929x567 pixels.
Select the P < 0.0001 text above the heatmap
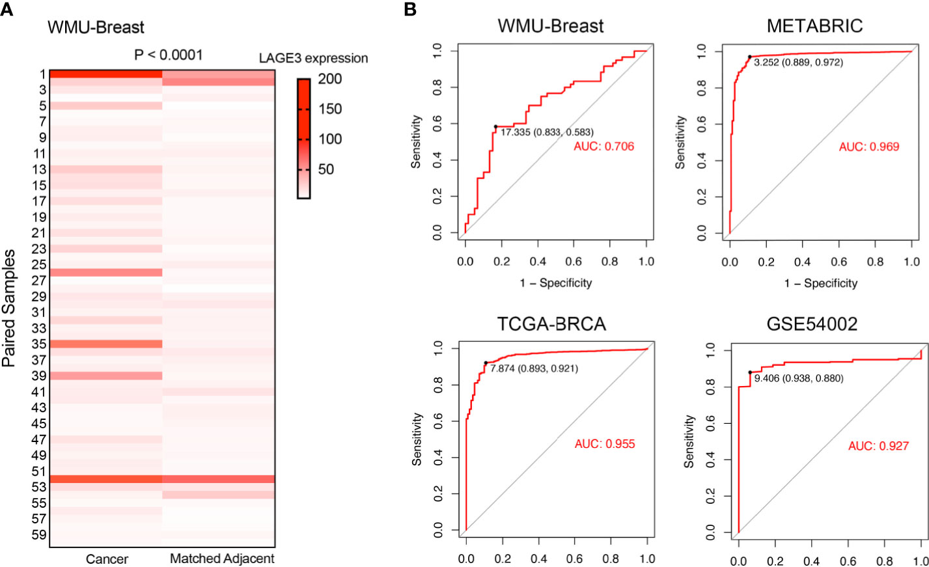point(169,55)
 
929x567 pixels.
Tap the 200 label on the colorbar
point(330,79)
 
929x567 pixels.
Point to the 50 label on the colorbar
point(326,169)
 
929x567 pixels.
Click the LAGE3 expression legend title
point(313,59)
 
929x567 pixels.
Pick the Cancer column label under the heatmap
point(107,559)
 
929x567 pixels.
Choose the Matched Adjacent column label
point(222,559)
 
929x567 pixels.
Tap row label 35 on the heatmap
point(39,344)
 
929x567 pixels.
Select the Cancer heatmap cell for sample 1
point(105,74)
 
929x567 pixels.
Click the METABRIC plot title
point(814,26)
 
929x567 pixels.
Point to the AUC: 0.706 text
point(603,146)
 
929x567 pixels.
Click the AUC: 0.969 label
point(868,146)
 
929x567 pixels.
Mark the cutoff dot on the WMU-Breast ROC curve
point(495,127)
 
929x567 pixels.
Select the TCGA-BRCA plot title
point(551,324)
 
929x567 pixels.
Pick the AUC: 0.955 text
point(605,444)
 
